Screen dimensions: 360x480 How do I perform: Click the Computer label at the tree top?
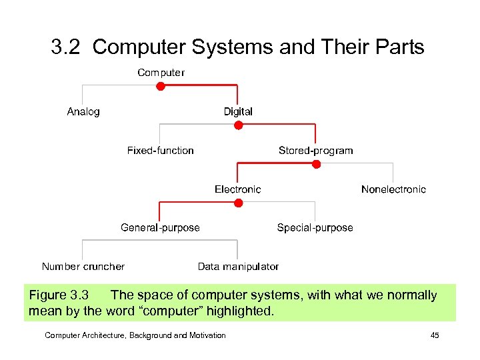pyautogui.click(x=161, y=72)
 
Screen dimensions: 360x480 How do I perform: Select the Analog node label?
pyautogui.click(x=83, y=111)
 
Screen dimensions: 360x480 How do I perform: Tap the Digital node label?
pyautogui.click(x=238, y=111)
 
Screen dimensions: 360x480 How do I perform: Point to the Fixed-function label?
pyautogui.click(x=161, y=150)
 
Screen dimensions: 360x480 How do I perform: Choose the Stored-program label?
pyautogui.click(x=315, y=150)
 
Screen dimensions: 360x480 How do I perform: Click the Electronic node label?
pyautogui.click(x=238, y=189)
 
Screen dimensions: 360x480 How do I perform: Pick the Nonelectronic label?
pyautogui.click(x=393, y=189)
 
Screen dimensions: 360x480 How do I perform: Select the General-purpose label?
pyautogui.click(x=160, y=227)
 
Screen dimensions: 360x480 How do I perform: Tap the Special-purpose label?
pyautogui.click(x=315, y=227)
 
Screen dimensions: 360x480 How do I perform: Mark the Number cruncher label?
pyautogui.click(x=83, y=266)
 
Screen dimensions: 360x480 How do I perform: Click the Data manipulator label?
pyautogui.click(x=238, y=266)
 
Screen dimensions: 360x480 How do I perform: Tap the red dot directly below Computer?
pyautogui.click(x=161, y=86)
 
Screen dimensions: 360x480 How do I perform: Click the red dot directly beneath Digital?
pyautogui.click(x=238, y=125)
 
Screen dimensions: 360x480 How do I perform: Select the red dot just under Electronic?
pyautogui.click(x=238, y=203)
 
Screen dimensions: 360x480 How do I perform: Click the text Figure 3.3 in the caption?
pyautogui.click(x=59, y=295)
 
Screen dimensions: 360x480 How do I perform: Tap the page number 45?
pyautogui.click(x=435, y=335)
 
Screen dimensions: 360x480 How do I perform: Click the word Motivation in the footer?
pyautogui.click(x=206, y=335)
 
